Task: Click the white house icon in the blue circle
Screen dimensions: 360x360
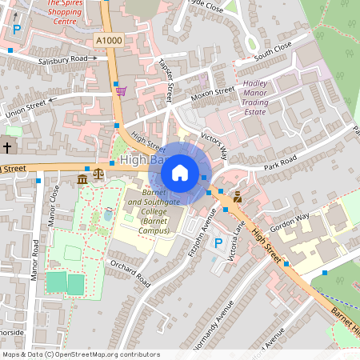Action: click(x=180, y=172)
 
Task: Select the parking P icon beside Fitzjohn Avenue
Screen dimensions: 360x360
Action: click(x=218, y=243)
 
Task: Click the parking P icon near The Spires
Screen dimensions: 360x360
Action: click(x=17, y=30)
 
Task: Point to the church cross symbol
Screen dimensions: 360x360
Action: click(x=7, y=148)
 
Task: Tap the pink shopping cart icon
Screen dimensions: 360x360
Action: click(x=121, y=90)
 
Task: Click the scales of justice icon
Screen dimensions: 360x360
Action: click(x=98, y=173)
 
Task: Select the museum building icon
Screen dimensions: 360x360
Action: click(x=83, y=178)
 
